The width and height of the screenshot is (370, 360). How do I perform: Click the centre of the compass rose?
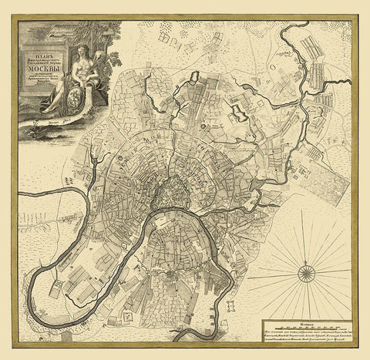click(x=308, y=270)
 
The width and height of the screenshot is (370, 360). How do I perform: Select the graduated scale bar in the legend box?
click(x=308, y=325)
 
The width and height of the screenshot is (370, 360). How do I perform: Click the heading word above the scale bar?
click(x=308, y=318)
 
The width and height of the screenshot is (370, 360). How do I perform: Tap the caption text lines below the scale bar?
click(x=308, y=335)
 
